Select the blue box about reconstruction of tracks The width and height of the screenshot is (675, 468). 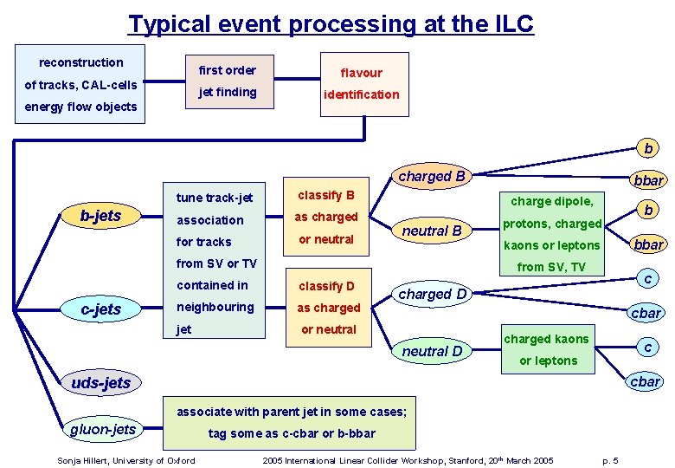(81, 85)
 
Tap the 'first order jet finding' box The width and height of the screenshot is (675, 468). (228, 81)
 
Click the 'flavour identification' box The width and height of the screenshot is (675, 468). (361, 83)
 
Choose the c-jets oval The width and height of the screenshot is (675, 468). (100, 309)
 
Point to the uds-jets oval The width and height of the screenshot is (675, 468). (101, 382)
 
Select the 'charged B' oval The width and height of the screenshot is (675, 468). (432, 177)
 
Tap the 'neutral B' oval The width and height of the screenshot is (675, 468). (432, 231)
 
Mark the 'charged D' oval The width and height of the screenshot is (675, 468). (432, 294)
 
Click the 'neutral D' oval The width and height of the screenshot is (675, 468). (432, 351)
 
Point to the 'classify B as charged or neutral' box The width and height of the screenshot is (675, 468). (326, 217)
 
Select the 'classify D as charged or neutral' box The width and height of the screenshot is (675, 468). (328, 308)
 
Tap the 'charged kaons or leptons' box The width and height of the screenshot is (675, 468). (547, 349)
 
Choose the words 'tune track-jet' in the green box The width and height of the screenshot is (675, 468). (215, 198)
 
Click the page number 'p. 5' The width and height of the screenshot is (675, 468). (609, 460)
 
